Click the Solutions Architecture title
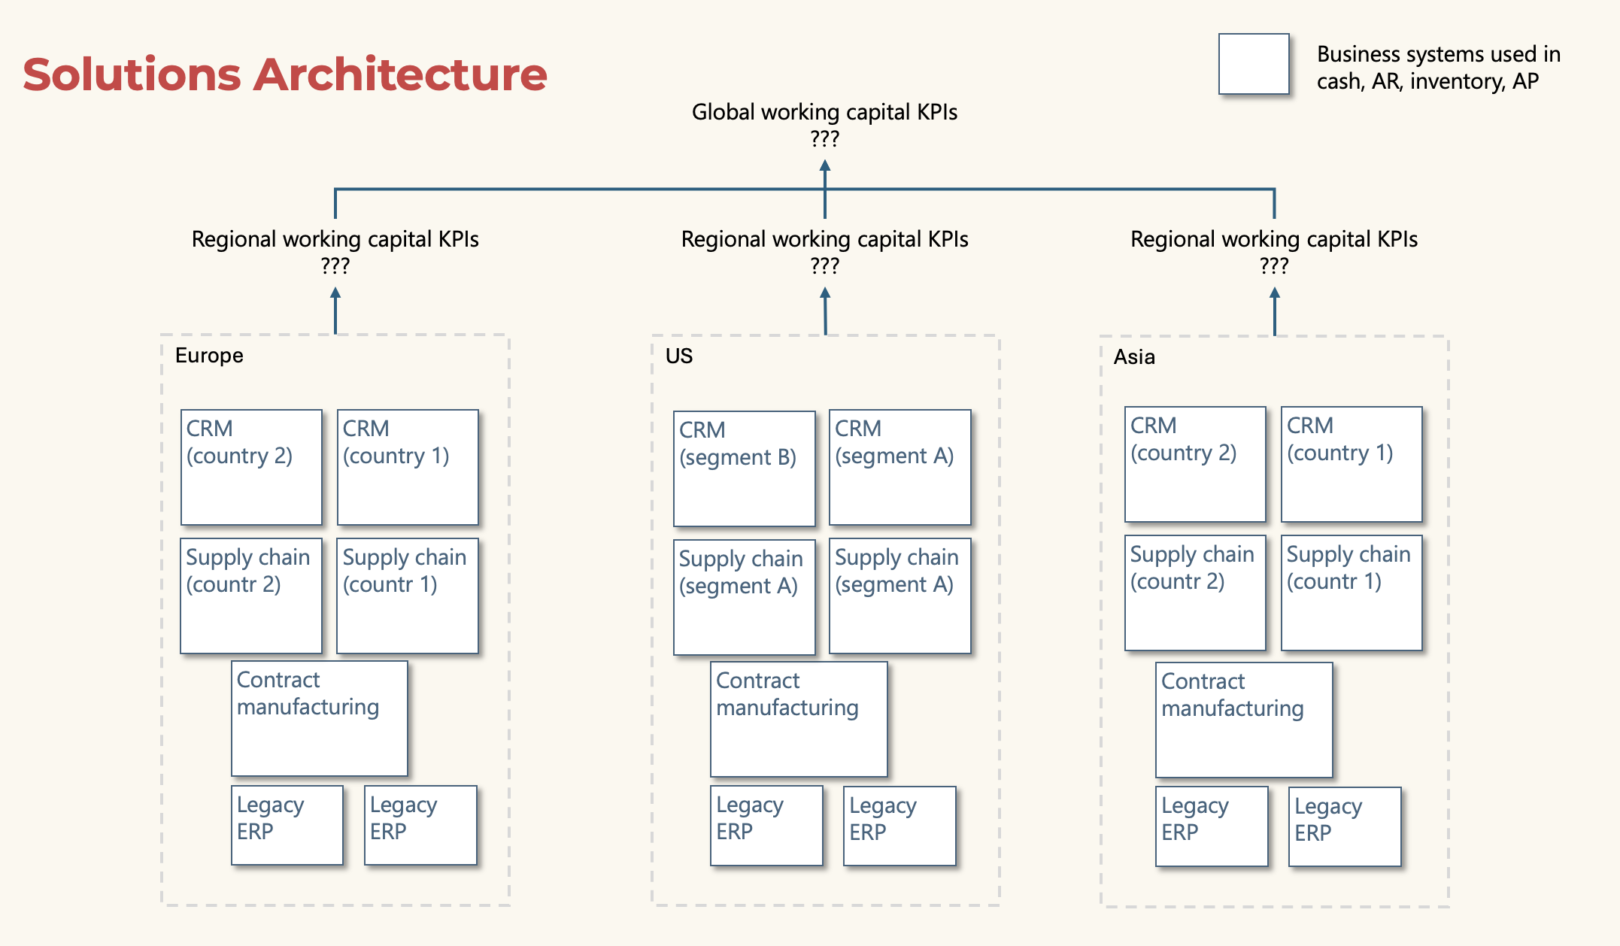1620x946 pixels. [x=284, y=74]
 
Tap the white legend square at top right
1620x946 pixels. [x=1254, y=64]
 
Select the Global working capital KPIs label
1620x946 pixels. [x=824, y=113]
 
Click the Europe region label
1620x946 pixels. [x=209, y=356]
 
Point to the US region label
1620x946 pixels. [x=678, y=356]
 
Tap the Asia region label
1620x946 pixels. [x=1133, y=357]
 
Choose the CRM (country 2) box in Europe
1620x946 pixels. [x=251, y=467]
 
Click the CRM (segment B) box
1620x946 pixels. [x=744, y=468]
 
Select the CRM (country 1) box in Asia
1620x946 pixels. [x=1352, y=464]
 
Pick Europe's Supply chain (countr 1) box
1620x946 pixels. [x=407, y=596]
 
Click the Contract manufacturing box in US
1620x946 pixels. [x=799, y=719]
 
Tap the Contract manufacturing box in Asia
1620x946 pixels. [x=1244, y=720]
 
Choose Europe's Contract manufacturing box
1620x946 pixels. [x=320, y=718]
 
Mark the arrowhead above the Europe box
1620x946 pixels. [x=335, y=294]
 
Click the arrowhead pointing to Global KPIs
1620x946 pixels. [x=825, y=166]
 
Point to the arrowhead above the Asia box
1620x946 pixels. [x=1274, y=294]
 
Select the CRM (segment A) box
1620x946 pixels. [x=899, y=467]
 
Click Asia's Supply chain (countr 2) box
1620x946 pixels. [x=1195, y=593]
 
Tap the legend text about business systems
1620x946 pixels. [x=1438, y=68]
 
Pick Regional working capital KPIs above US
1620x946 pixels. [x=824, y=240]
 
